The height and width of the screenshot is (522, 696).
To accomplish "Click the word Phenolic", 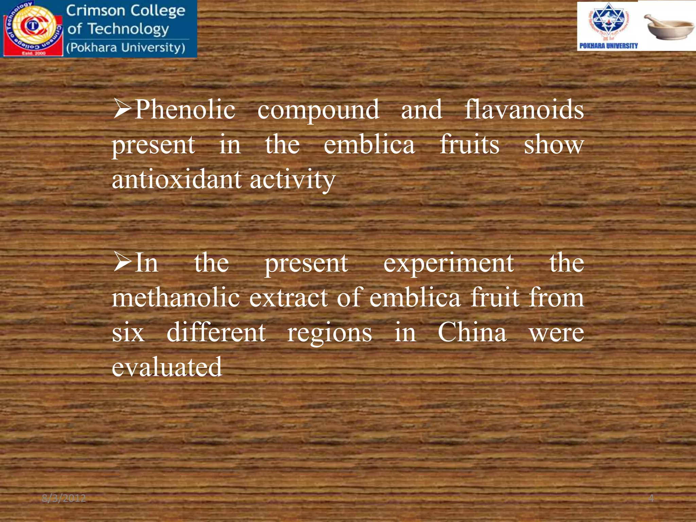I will tap(185, 110).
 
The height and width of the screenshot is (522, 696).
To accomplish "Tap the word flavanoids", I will tap(524, 110).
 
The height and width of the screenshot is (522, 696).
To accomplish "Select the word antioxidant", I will tap(177, 179).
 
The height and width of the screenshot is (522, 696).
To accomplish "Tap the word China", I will tap(472, 332).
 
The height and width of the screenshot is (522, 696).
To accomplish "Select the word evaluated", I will tap(167, 367).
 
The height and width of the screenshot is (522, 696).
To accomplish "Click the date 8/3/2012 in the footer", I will tap(64, 498).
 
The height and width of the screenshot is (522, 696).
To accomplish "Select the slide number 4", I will tap(651, 498).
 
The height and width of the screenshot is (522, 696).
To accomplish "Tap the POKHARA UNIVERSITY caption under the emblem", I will tap(608, 46).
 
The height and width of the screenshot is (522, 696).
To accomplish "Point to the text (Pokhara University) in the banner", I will tap(126, 48).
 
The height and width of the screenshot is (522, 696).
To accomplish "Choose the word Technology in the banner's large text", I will tap(128, 29).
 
